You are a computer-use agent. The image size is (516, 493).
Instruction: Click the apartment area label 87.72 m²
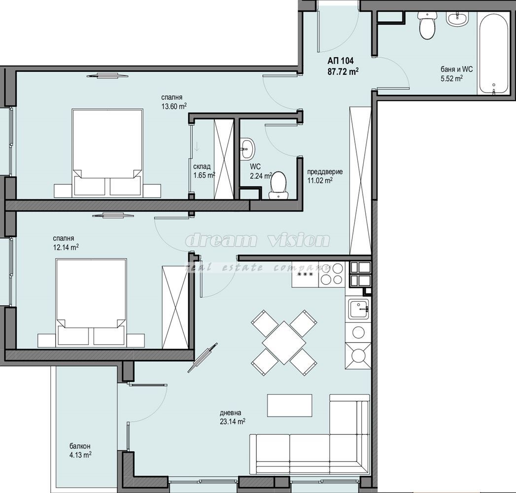343,71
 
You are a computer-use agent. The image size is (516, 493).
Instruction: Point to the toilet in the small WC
278,185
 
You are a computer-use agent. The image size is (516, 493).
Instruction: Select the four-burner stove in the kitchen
332,274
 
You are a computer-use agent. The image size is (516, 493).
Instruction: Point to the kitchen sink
358,310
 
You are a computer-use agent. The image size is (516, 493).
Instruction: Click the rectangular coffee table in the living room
289,405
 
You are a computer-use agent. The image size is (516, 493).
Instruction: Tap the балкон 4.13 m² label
80,450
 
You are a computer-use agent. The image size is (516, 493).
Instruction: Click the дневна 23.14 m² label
232,417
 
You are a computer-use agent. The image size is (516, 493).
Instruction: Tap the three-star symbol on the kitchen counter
304,274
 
